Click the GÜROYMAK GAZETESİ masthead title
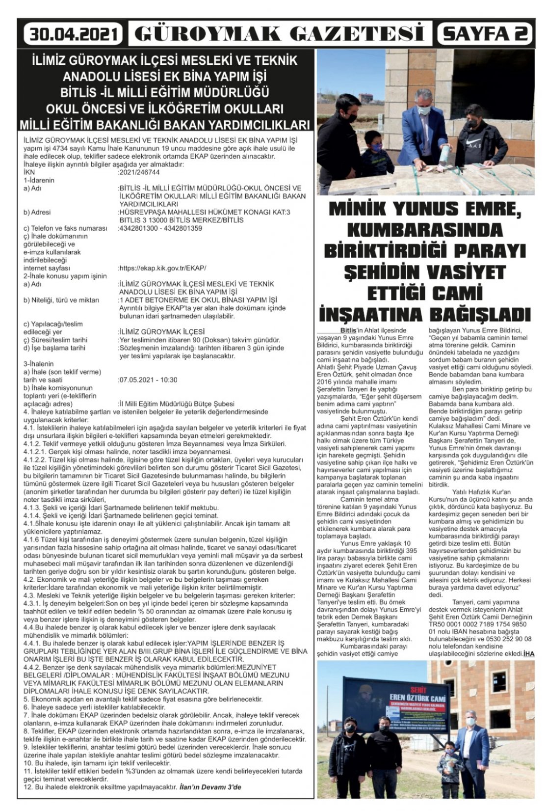[279, 34]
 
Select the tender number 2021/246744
[139, 172]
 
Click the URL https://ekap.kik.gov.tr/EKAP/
[162, 268]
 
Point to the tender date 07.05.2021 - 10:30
[148, 380]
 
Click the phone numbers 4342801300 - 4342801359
[160, 228]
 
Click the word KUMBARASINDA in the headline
[425, 230]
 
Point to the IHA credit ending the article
[528, 653]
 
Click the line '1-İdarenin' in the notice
[39, 180]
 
